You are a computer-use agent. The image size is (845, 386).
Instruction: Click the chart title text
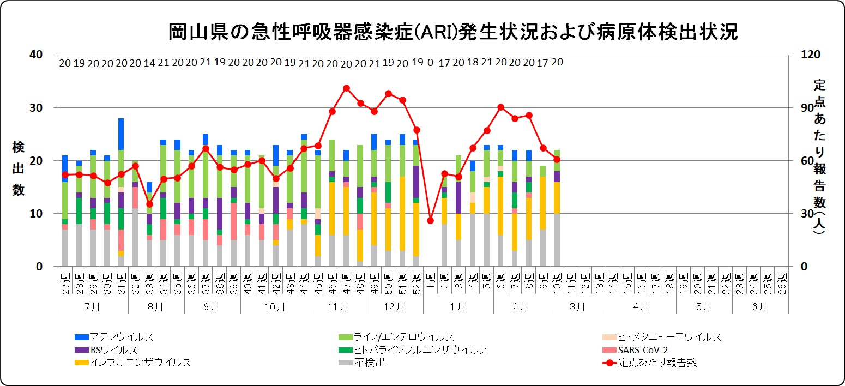[x=453, y=32]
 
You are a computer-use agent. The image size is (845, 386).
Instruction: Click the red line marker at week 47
[x=346, y=88]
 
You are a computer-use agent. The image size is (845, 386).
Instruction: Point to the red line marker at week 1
[x=430, y=220]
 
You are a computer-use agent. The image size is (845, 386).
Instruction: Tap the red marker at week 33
[x=149, y=204]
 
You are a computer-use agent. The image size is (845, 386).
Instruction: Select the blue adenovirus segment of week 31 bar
[x=121, y=134]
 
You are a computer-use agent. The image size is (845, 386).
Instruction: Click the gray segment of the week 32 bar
[x=135, y=237]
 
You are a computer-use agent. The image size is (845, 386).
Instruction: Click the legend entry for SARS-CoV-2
[x=642, y=349]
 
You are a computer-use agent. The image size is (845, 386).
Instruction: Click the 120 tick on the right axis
[x=805, y=55]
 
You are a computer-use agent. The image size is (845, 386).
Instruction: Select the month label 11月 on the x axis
[x=339, y=306]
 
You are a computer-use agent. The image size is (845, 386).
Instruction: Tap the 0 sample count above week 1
[x=430, y=63]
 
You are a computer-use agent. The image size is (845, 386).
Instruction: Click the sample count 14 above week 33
[x=149, y=63]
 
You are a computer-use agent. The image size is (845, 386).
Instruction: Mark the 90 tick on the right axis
[x=802, y=108]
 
